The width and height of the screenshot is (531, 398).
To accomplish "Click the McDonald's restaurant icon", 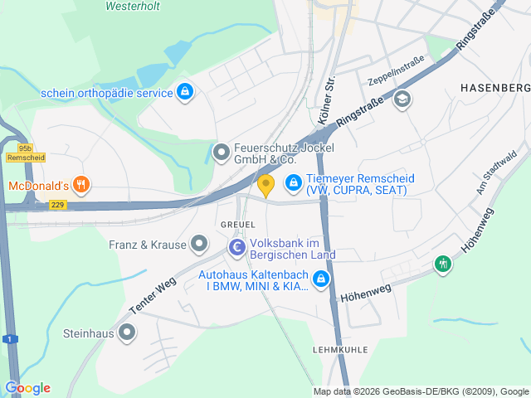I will pyautogui.click(x=80, y=184).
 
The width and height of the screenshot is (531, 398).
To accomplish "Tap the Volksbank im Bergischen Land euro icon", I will pyautogui.click(x=237, y=247).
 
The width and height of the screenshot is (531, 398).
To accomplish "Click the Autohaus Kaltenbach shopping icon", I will pyautogui.click(x=321, y=281).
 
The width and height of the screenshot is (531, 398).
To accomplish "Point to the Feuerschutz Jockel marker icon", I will pyautogui.click(x=221, y=152).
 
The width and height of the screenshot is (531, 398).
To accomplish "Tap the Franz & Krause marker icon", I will pyautogui.click(x=199, y=244).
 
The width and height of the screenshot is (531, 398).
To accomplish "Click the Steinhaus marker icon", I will pyautogui.click(x=126, y=333).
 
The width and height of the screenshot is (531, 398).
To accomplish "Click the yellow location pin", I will pyautogui.click(x=265, y=183).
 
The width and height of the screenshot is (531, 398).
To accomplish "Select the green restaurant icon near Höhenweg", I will pyautogui.click(x=444, y=265).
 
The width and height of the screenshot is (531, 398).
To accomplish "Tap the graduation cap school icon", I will pyautogui.click(x=402, y=99).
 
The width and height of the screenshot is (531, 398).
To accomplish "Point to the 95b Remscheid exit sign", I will pyautogui.click(x=21, y=152).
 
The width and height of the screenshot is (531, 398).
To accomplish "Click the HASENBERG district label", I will pyautogui.click(x=494, y=87).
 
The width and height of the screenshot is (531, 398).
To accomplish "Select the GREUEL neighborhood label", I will pyautogui.click(x=237, y=225).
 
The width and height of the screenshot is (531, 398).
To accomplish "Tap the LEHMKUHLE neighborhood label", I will pyautogui.click(x=340, y=350).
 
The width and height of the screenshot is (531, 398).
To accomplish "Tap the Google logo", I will pyautogui.click(x=27, y=388).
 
